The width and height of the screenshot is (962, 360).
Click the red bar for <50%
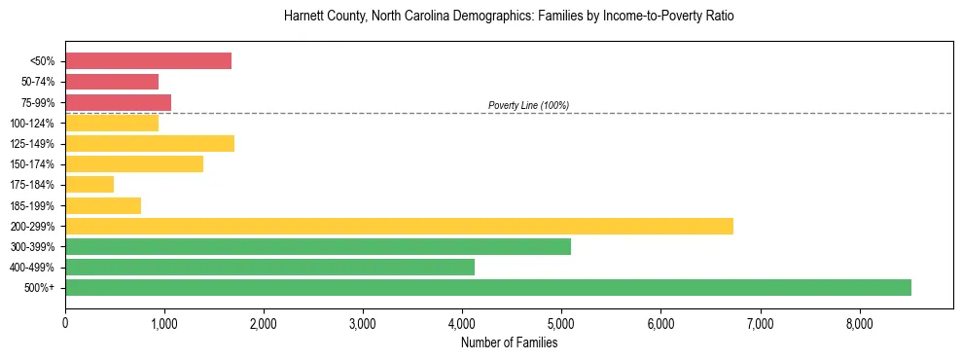(x=148, y=61)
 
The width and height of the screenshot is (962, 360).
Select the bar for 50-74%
(x=112, y=82)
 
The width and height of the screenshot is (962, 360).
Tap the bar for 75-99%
(x=118, y=102)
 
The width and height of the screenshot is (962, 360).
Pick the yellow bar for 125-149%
(x=150, y=144)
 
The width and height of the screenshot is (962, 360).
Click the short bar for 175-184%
(x=89, y=185)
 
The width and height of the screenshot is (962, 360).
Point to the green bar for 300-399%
(x=318, y=247)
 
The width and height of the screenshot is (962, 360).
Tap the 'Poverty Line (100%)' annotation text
(x=528, y=105)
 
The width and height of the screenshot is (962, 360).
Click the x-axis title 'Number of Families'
(x=509, y=342)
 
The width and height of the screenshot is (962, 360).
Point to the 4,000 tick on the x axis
(x=462, y=324)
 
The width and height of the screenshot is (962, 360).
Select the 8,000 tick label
(x=859, y=324)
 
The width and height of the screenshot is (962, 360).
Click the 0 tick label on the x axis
(x=65, y=324)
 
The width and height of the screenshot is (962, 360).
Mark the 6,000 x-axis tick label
(x=660, y=324)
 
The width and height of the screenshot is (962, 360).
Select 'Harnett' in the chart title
(x=303, y=17)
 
